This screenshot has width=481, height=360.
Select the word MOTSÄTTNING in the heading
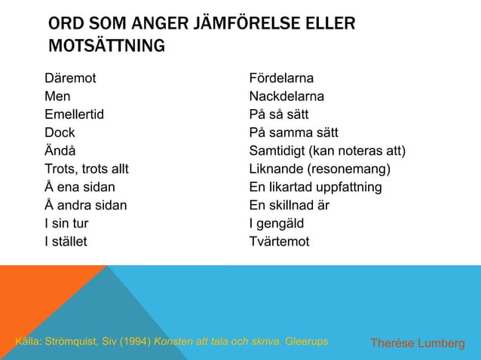(106, 47)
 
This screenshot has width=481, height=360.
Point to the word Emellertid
(74, 115)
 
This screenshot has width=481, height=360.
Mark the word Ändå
(60, 151)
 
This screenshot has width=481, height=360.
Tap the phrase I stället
(66, 242)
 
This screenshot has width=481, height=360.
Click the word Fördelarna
(282, 79)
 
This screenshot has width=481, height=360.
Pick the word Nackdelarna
(287, 97)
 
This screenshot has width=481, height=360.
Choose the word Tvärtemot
(279, 242)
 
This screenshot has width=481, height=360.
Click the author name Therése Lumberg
(416, 343)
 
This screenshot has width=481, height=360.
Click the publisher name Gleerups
(307, 342)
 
